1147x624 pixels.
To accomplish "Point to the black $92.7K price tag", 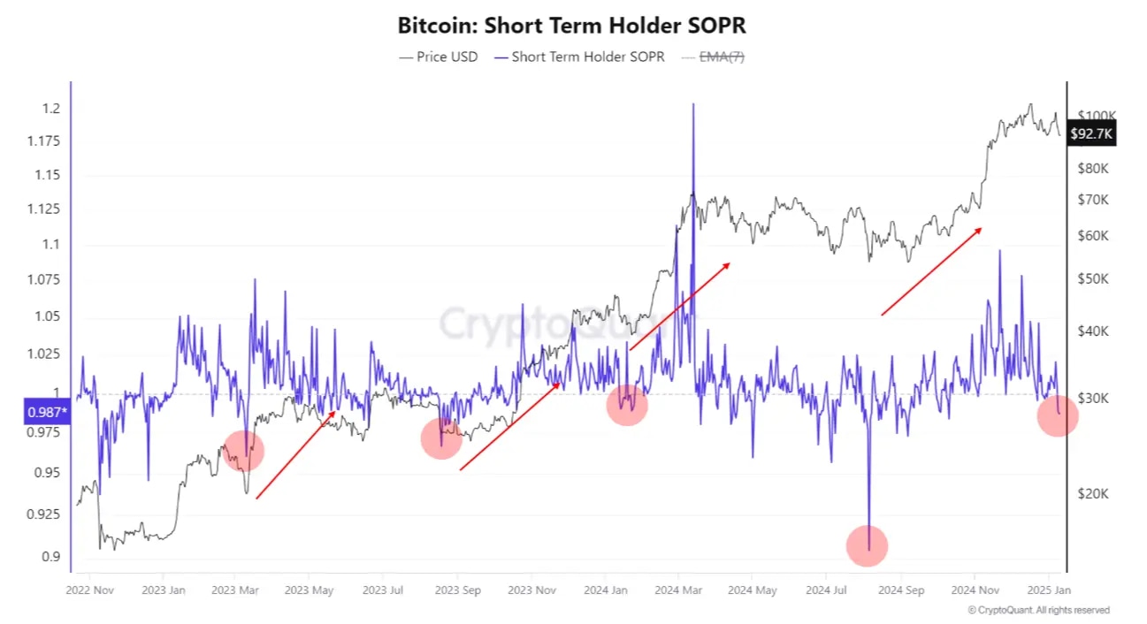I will pos(1091,134).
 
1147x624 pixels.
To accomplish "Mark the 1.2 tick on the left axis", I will pos(50,109).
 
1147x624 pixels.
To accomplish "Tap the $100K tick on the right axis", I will pos(1097,116).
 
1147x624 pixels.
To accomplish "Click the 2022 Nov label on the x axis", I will pos(91,589).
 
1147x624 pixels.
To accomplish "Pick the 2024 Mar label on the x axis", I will pos(678,589).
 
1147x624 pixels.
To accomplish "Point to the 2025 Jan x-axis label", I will pos(1049,589).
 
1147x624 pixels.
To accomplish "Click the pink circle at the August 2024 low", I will pos(867,545).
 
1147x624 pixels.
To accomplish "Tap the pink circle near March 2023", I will pos(243,450).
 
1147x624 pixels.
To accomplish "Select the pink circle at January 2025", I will pos(1058,416).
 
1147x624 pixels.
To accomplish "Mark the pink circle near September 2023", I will pos(441,439).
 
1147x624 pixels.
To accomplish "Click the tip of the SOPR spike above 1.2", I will pos(692,105).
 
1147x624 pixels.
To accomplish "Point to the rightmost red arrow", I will pos(930,271).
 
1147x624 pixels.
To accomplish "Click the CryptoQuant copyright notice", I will pos(1038,610).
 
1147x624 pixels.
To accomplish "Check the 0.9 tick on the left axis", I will pos(50,556).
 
